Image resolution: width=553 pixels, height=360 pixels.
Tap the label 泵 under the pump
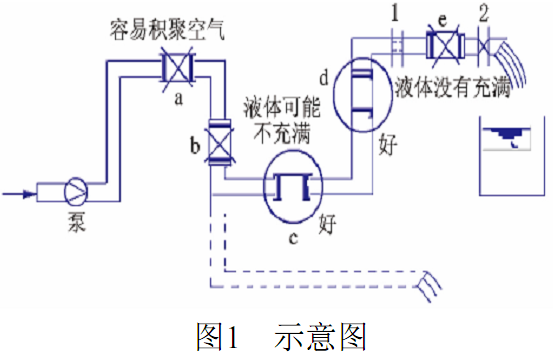coord(76,223)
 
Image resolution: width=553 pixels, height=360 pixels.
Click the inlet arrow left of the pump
coord(19,194)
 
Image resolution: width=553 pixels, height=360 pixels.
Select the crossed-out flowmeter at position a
coord(178,69)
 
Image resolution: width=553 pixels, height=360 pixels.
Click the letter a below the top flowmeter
coord(179,99)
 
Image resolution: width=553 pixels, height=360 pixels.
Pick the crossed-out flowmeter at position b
coord(219,142)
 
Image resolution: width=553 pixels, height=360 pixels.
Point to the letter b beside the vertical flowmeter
coord(195,145)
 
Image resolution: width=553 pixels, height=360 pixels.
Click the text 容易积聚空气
coord(167,30)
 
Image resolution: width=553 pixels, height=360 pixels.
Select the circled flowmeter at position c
coord(293,187)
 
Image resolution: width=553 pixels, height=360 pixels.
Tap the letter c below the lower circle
coord(293,239)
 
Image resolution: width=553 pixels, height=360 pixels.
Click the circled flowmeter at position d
coord(363,94)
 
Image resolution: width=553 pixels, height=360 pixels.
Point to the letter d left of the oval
coord(324,78)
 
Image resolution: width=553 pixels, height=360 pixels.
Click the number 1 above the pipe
coord(395,13)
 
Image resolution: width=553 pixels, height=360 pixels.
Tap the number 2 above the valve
coord(484,13)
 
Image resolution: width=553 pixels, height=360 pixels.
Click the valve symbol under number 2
coord(483,46)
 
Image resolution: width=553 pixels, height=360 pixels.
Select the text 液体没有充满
coord(453,87)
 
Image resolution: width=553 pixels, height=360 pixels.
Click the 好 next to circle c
coord(328,224)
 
